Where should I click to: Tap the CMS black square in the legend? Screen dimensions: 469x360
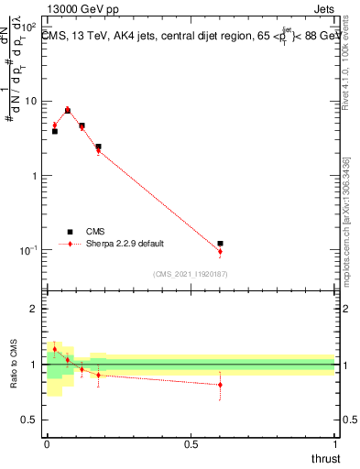coord(69,232)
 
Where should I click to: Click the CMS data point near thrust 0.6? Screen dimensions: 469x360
coord(220,244)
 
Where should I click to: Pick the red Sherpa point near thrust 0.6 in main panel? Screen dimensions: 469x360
coord(220,251)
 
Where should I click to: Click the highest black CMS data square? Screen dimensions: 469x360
coord(68,111)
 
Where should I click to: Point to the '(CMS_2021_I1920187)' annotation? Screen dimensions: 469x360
coord(191,273)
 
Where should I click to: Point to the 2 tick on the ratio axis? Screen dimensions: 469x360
coord(34,310)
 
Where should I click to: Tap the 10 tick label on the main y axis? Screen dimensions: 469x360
coord(30,101)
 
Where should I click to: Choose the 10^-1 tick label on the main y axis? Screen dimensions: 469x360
coord(27,249)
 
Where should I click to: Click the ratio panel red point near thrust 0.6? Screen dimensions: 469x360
coord(220,385)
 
